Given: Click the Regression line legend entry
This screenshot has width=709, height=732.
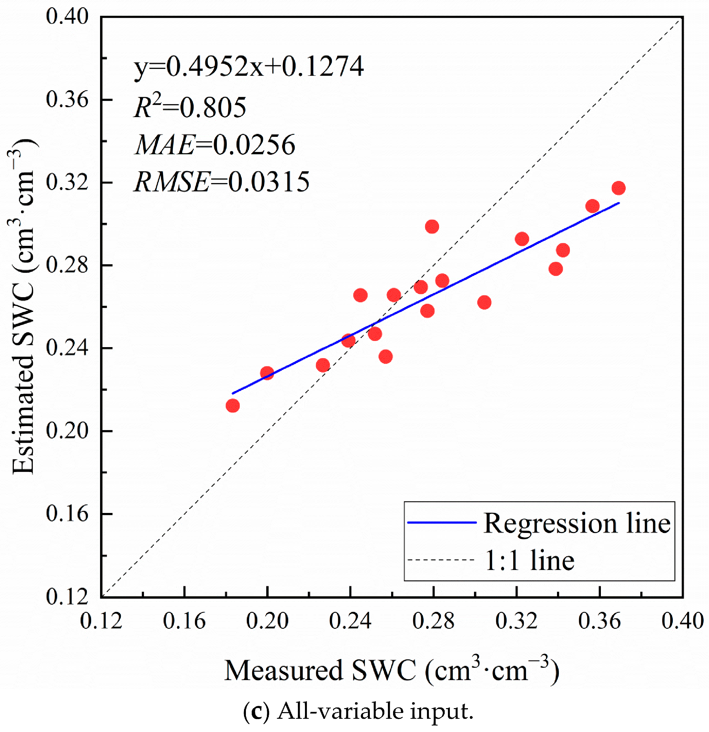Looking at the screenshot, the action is tap(539, 523).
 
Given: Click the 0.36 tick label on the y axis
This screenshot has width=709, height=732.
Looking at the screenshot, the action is tap(67, 99).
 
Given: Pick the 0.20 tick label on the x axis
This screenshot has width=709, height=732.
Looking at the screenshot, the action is tap(267, 621).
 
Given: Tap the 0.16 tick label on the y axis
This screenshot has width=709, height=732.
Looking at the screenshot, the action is tap(67, 514).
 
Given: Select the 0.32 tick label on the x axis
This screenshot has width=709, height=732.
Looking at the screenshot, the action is tap(517, 621).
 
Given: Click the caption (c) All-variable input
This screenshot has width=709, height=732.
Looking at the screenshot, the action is tap(358, 711).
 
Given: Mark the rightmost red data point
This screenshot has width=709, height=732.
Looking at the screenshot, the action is tap(619, 188).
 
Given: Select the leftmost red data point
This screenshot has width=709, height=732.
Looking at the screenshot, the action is tap(233, 406).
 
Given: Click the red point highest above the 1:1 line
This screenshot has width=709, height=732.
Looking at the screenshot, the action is tap(432, 226).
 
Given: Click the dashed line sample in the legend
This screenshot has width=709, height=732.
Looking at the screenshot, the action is tap(441, 560).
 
